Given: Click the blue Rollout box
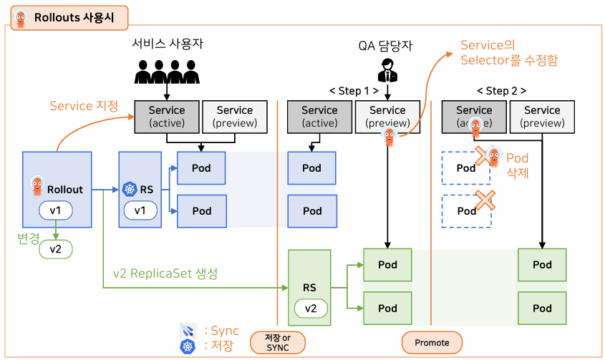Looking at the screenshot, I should [57, 189].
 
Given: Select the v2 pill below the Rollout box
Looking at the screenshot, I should [56, 248].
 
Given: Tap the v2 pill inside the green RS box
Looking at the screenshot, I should [310, 308].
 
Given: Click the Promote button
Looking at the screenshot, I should [432, 342].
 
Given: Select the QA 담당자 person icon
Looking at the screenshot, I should [387, 70].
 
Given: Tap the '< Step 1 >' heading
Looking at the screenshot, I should [354, 91].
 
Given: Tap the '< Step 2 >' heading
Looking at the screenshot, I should [502, 91].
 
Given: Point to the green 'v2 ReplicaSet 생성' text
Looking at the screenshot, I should [165, 273].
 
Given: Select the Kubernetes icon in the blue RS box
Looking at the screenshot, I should [130, 190].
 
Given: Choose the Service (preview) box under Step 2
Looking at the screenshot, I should [542, 117].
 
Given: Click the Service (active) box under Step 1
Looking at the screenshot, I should [319, 117].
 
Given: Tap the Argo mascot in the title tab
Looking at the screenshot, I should [21, 18].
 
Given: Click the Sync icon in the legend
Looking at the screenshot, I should [188, 330].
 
